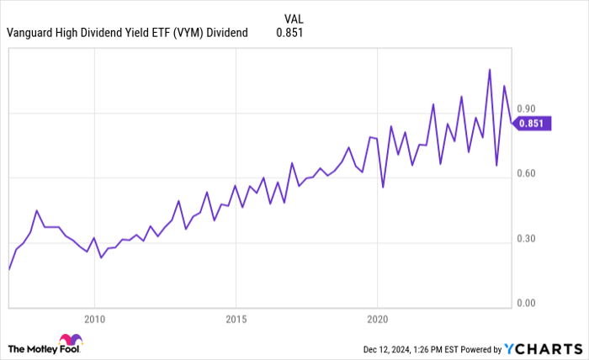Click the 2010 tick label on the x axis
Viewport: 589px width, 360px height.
point(94,320)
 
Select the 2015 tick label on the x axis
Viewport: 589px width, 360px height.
point(236,320)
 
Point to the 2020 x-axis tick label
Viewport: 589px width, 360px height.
point(377,320)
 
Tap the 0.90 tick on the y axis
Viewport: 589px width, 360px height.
point(526,109)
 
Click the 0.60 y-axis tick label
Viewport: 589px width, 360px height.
point(526,174)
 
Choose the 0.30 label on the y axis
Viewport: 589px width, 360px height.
point(526,239)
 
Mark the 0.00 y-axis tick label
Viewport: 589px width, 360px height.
point(526,303)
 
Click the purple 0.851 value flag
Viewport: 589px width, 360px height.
point(532,124)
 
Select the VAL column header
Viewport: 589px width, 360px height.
point(294,16)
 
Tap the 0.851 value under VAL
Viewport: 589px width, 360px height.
point(289,33)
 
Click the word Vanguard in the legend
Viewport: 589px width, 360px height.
point(30,33)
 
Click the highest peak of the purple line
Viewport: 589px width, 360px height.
point(490,70)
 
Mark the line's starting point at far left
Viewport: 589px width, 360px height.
point(9,269)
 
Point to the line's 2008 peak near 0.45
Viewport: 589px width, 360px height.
point(37,210)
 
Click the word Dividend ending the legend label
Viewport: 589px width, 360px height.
point(227,33)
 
